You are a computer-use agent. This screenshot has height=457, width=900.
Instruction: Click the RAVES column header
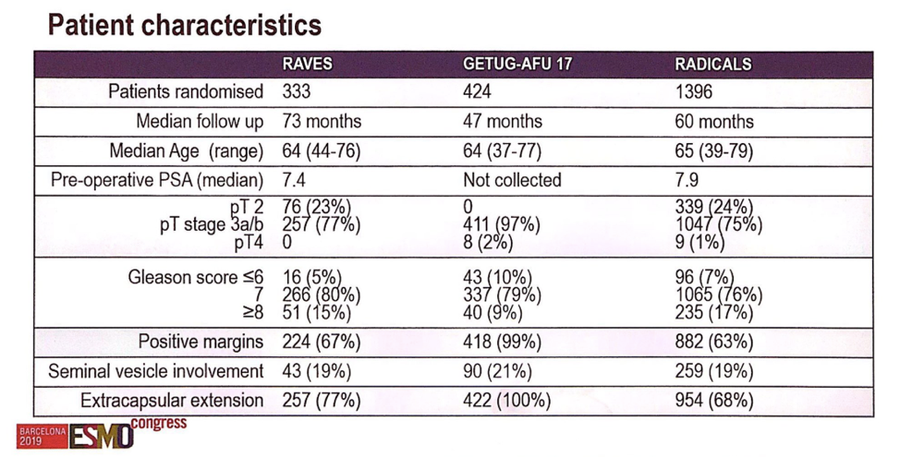point(307,64)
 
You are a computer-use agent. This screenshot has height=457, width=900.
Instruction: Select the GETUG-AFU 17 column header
point(517,64)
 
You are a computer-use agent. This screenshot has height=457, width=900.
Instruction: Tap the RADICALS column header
point(712,64)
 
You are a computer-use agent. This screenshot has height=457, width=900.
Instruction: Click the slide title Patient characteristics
point(184,25)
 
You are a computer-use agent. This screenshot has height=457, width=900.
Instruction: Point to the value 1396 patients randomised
point(693,91)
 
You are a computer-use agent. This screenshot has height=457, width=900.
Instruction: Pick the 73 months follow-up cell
point(322,122)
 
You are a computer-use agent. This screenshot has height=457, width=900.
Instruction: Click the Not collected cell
point(512,180)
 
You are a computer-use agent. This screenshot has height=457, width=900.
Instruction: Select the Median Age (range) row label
point(187,151)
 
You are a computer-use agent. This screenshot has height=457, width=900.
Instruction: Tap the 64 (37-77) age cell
point(503,151)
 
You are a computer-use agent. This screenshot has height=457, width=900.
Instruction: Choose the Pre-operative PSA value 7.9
point(687,180)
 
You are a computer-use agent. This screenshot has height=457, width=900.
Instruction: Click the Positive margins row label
point(201,343)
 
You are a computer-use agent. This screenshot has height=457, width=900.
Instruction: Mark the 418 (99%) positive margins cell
point(503,343)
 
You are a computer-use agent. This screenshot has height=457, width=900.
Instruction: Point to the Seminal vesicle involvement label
point(156,371)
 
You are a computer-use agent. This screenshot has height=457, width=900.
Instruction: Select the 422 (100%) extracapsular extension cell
point(506,401)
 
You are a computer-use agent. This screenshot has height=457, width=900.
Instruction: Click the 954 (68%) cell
point(714,401)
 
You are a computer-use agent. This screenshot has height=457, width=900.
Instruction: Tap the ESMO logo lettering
point(102,438)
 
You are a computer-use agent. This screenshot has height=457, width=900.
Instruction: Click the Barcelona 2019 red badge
point(43,437)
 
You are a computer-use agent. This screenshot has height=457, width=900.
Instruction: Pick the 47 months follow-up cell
point(503,122)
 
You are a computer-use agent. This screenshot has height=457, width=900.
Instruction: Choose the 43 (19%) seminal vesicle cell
point(316,371)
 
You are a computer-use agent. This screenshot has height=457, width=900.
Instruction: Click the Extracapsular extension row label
point(172,401)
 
